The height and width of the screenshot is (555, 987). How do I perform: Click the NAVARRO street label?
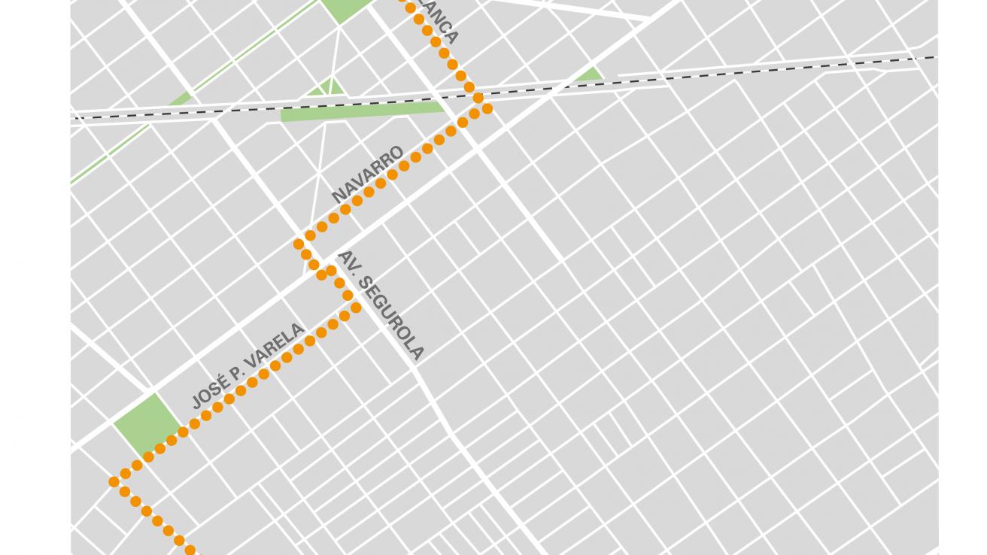(368, 174)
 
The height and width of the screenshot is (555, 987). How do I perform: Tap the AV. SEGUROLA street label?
(381, 305)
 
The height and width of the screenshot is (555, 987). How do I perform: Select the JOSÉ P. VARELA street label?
(248, 366)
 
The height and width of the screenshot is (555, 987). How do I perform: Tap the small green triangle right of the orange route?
(589, 74)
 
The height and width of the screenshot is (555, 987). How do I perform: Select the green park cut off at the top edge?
(345, 8)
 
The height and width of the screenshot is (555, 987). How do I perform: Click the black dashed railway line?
(677, 76)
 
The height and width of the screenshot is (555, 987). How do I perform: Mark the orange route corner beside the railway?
(487, 108)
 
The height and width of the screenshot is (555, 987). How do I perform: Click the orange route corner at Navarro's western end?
(299, 244)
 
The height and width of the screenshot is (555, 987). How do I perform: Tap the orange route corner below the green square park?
(114, 481)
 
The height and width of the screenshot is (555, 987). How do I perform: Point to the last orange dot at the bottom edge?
(190, 550)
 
